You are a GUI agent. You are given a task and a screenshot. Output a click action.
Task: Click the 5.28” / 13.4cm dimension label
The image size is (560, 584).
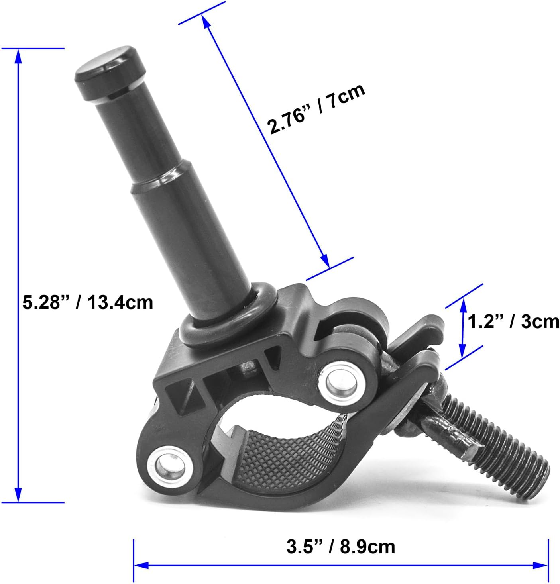click(88, 302)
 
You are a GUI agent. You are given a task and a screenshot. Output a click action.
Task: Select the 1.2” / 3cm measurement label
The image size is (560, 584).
click(513, 321)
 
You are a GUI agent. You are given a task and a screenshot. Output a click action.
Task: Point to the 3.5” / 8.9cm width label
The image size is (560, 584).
click(341, 547)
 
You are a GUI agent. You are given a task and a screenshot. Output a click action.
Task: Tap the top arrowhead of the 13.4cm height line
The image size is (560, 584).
click(18, 56)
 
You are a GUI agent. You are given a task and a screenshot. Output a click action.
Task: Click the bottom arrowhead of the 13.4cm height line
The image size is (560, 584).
click(18, 495)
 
